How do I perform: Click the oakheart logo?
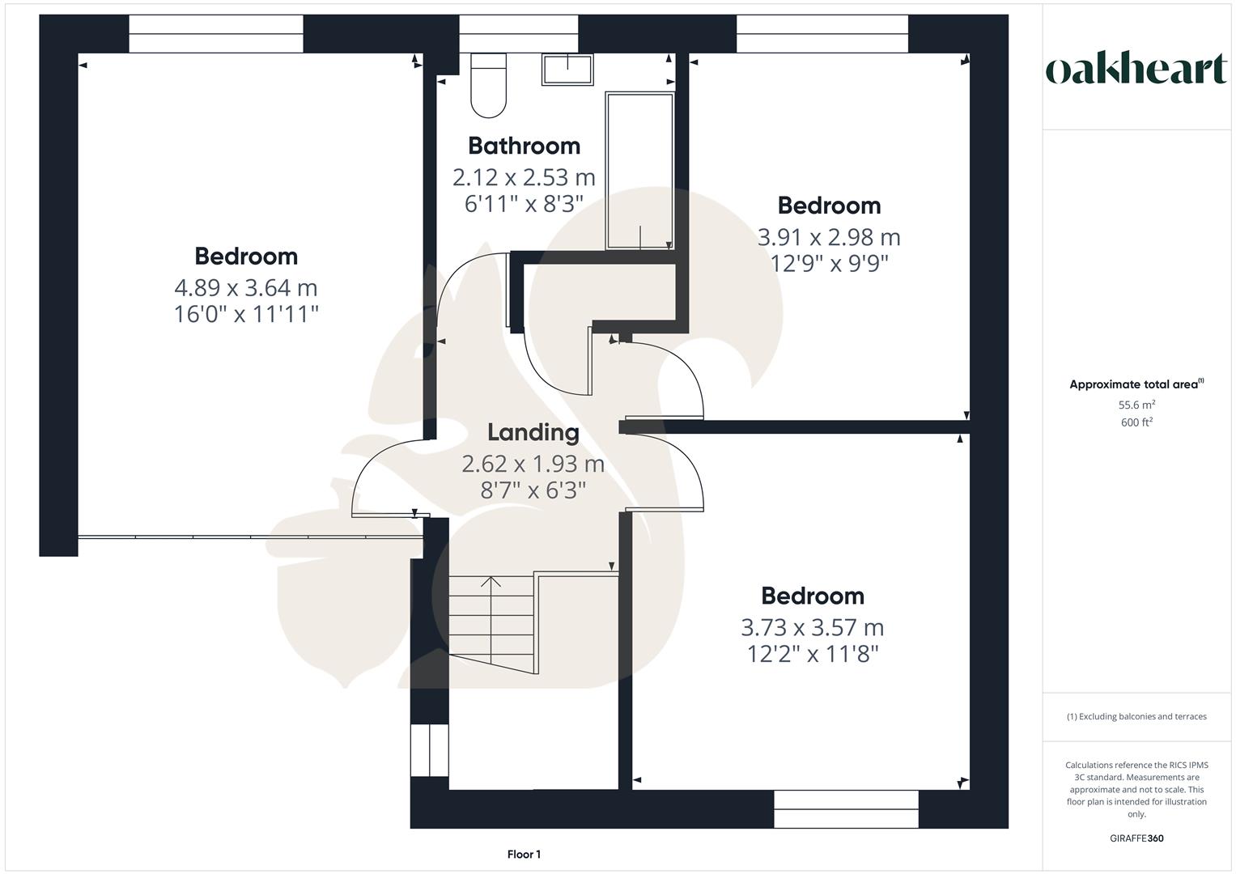click(1136, 70)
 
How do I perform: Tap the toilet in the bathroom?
click(488, 85)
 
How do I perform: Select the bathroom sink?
click(567, 70)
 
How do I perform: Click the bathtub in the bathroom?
click(639, 171)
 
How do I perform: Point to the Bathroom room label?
click(524, 146)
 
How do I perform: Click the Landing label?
click(533, 433)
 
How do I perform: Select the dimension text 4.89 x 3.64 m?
click(246, 287)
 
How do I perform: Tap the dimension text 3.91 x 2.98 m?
click(829, 237)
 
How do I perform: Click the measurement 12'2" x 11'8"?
click(813, 653)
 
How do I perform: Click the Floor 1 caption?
click(524, 855)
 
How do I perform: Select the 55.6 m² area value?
click(1136, 405)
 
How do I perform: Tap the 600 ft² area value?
click(1136, 422)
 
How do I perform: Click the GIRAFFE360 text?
click(1136, 838)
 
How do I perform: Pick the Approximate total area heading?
click(1136, 384)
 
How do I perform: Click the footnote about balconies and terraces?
click(1136, 716)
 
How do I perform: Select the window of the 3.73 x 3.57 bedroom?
click(846, 808)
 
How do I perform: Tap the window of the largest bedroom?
click(215, 34)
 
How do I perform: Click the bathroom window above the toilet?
click(518, 34)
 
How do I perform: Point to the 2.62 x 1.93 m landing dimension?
click(533, 464)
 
